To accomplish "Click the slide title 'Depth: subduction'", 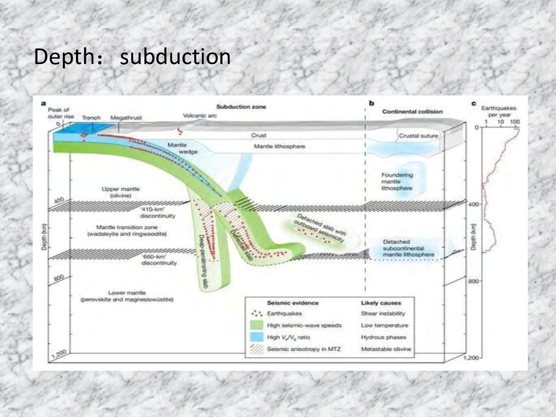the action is tap(132, 56).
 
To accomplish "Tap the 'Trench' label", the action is tap(91, 117).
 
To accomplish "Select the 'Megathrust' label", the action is tap(125, 117).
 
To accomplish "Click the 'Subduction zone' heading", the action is tap(241, 107).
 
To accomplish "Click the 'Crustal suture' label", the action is tap(418, 136).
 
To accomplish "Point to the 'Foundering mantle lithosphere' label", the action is tap(397, 181).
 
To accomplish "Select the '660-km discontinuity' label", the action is tap(159, 260).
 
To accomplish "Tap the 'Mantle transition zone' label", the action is tap(128, 231).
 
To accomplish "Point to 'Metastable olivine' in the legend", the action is tap(386, 349).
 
